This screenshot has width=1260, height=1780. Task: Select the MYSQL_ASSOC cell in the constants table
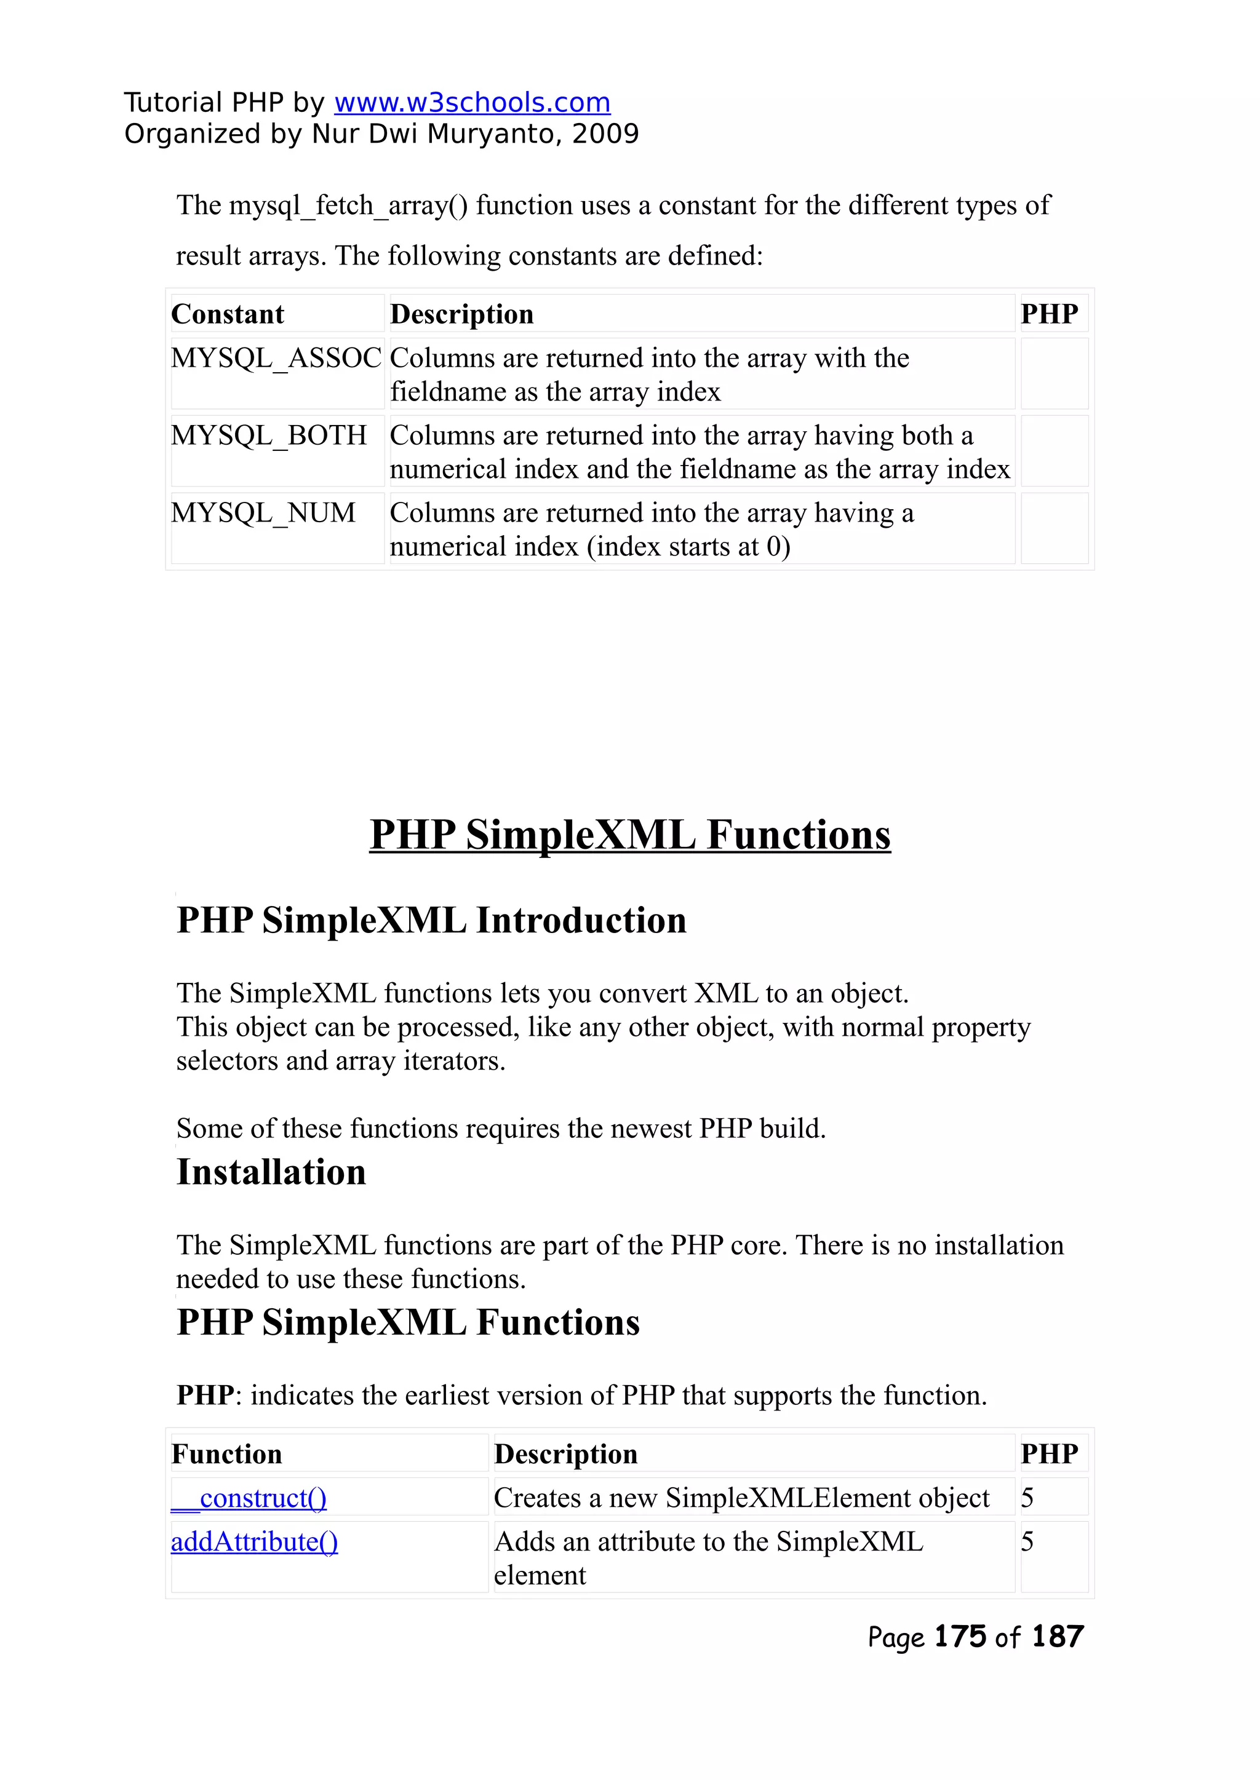(x=276, y=359)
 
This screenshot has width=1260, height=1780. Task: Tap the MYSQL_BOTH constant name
(x=268, y=436)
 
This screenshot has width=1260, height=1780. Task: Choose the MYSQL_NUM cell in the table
(x=263, y=514)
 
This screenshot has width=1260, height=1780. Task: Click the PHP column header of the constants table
(x=1049, y=314)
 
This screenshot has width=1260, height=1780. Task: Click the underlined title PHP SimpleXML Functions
(x=630, y=835)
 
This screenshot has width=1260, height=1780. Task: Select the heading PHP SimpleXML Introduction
(x=431, y=921)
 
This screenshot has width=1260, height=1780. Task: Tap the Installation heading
(x=271, y=1172)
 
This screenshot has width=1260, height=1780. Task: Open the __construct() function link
(x=249, y=1498)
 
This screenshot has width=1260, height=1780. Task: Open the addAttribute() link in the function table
(x=255, y=1542)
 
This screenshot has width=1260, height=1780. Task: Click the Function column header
(x=226, y=1454)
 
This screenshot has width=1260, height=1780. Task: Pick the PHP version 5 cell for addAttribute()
(x=1027, y=1542)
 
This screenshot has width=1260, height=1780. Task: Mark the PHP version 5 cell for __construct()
(x=1027, y=1498)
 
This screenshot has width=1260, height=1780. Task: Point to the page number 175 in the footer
(x=960, y=1637)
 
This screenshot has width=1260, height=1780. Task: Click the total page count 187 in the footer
(x=1057, y=1637)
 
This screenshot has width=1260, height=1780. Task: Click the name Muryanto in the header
(x=490, y=134)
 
